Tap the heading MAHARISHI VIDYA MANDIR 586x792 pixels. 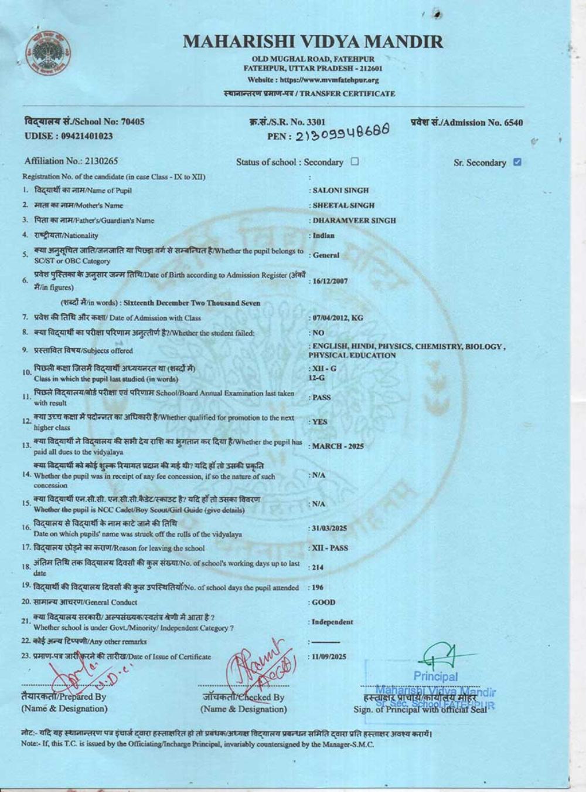(313, 42)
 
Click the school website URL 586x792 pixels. (313, 80)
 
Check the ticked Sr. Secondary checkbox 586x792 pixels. (517, 163)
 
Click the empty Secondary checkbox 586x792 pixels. (355, 162)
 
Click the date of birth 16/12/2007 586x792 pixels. (330, 281)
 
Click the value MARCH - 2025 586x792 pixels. (338, 446)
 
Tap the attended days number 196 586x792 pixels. (317, 587)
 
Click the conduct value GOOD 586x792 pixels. (323, 603)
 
